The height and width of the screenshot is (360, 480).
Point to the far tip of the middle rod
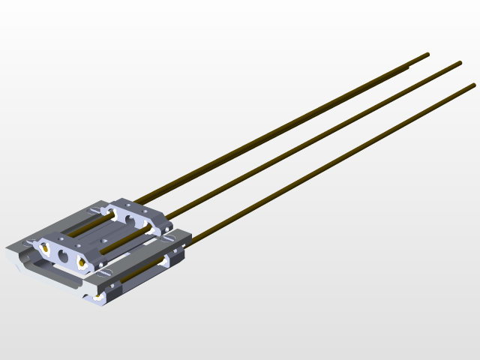[459, 63]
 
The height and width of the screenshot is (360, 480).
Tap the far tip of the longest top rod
[427, 54]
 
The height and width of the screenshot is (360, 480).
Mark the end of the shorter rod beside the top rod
[406, 68]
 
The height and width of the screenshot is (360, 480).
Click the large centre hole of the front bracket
[63, 256]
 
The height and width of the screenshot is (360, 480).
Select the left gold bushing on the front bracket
[45, 247]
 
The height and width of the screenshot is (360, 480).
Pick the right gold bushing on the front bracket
[82, 263]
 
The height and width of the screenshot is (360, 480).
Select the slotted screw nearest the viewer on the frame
[105, 272]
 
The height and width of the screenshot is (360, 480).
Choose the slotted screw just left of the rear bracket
[94, 209]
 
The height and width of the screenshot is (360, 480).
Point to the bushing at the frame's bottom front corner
[98, 298]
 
